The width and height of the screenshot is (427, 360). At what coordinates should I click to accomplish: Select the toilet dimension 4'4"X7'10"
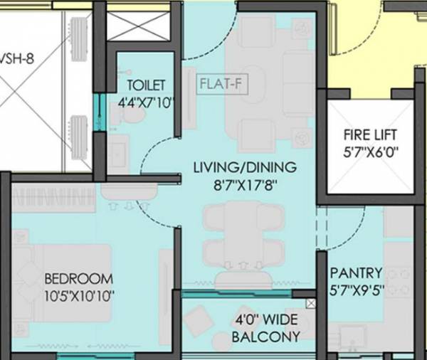[x=146, y=101]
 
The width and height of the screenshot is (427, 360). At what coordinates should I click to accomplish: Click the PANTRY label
[x=356, y=273]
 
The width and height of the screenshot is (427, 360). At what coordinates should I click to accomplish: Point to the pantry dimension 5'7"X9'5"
[x=356, y=290]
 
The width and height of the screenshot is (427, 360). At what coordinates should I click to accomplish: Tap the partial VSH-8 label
[x=17, y=59]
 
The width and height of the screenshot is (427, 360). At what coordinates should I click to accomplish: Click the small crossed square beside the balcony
[x=310, y=304]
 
